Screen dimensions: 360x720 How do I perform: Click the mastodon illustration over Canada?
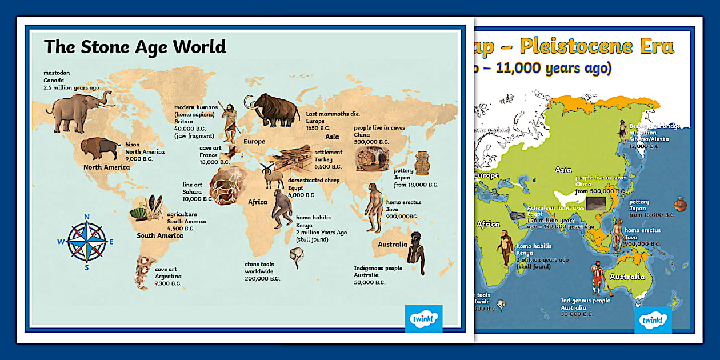(x=77, y=111)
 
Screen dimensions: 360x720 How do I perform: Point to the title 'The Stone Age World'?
(x=135, y=46)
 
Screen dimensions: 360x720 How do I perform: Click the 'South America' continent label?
(x=160, y=235)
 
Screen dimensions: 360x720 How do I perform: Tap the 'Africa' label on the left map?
(x=257, y=202)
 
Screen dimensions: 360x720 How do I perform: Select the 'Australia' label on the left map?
(x=392, y=245)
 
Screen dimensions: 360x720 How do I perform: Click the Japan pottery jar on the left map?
(x=422, y=163)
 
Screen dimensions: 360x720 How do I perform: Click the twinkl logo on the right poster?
(x=653, y=320)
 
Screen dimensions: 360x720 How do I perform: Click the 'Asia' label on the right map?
(x=563, y=170)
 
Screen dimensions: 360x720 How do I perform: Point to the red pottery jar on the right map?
(x=681, y=204)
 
